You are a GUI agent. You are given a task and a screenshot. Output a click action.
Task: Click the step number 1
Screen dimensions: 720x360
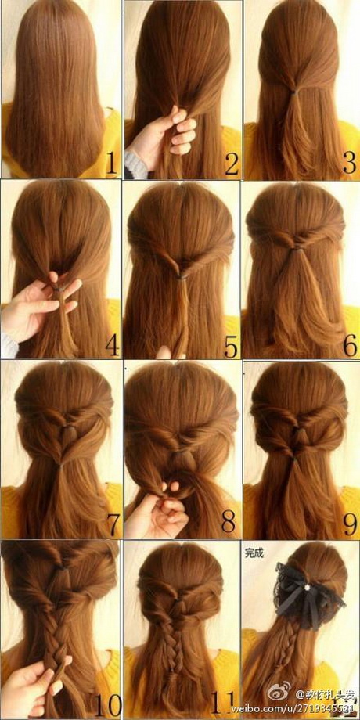point(110,164)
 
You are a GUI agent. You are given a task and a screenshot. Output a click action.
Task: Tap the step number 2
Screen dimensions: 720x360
point(230,164)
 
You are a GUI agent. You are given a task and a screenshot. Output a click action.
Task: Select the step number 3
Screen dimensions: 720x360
point(348,162)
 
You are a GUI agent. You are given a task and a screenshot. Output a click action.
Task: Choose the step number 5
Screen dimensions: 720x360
point(230,343)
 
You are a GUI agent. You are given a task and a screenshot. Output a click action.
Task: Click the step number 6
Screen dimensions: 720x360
point(349,343)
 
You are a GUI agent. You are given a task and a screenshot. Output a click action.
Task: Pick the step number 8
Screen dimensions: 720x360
point(230,522)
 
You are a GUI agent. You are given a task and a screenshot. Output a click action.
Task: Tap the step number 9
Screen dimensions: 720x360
point(349,522)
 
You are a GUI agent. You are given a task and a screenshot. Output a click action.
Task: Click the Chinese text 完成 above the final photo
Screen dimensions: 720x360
point(254,553)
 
